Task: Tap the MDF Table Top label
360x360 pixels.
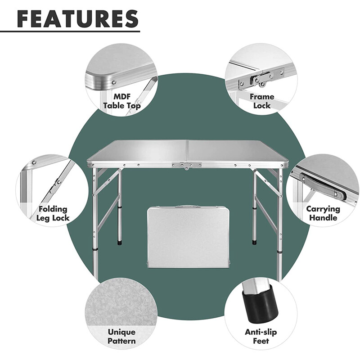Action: pyautogui.click(x=121, y=101)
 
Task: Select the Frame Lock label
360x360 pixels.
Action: pyautogui.click(x=262, y=101)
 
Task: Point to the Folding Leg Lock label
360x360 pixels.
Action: pyautogui.click(x=53, y=213)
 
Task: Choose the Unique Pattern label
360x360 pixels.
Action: pyautogui.click(x=121, y=336)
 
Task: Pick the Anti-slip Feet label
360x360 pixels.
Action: pyautogui.click(x=261, y=336)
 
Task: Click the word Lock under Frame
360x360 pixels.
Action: pyautogui.click(x=262, y=105)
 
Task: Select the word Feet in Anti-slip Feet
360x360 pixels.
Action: pyautogui.click(x=261, y=341)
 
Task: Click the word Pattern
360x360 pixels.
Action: pyautogui.click(x=121, y=341)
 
